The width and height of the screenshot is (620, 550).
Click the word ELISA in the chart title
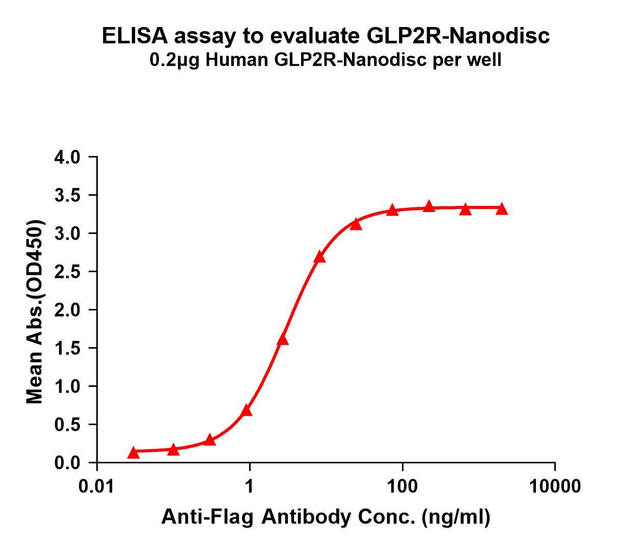click(134, 36)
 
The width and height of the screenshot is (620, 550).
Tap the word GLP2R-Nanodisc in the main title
click(458, 36)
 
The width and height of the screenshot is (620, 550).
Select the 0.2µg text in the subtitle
click(174, 60)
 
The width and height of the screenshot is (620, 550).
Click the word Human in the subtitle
click(236, 60)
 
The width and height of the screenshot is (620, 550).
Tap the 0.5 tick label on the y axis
click(67, 425)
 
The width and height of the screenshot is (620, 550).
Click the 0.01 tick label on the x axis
click(96, 486)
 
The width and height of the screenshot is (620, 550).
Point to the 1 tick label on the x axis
click(250, 486)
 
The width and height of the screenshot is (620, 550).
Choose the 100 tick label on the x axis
click(402, 486)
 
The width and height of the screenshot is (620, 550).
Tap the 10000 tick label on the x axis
click(555, 486)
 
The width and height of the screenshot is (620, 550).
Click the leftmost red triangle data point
click(133, 453)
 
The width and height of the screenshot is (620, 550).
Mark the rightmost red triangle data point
click(502, 209)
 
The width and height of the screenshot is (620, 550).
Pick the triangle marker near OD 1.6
click(282, 339)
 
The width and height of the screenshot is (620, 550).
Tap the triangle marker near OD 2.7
click(319, 257)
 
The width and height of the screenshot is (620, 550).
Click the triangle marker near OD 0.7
click(247, 410)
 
